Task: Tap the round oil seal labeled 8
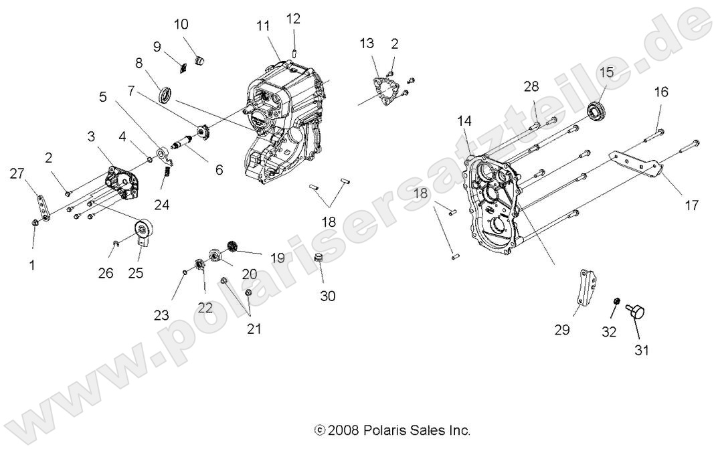[x=167, y=94]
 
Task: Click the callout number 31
[x=641, y=349]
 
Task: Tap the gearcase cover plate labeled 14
[x=498, y=204]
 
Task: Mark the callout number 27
[x=16, y=174]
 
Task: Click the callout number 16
[x=660, y=92]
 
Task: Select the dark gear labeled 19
[x=233, y=246]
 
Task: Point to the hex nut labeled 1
[x=35, y=222]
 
